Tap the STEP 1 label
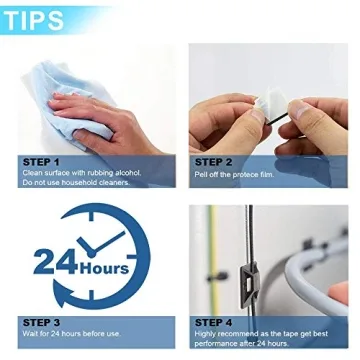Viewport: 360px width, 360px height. tap(41, 160)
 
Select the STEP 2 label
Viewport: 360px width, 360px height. tap(214, 160)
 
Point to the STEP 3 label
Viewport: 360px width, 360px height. tap(41, 321)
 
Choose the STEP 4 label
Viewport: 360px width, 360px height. tap(214, 321)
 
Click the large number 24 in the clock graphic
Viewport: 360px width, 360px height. tap(57, 262)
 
